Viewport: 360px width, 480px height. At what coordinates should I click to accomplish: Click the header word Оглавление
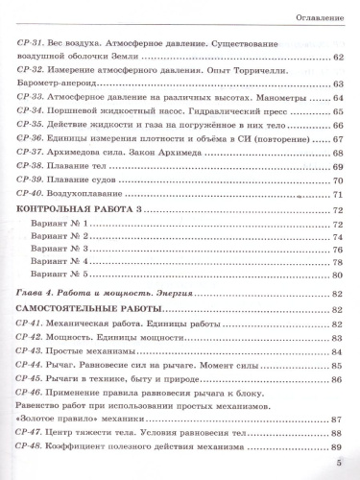[x=313, y=15]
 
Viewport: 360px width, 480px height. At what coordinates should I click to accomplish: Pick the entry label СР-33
[x=31, y=98]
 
